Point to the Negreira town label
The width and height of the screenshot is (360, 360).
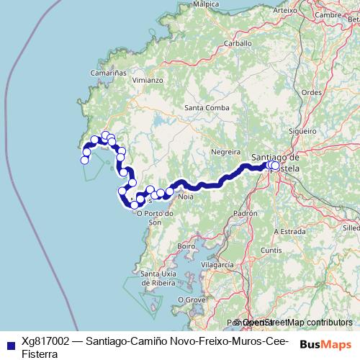[x=225, y=152]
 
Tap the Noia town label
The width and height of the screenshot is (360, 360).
[x=186, y=196]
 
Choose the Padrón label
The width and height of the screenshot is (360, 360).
[x=246, y=214]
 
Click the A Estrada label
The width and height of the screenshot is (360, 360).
[x=291, y=231]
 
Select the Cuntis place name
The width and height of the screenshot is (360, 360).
[x=271, y=250]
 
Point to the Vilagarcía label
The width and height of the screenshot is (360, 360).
[x=218, y=265]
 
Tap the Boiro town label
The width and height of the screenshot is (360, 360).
[x=186, y=246]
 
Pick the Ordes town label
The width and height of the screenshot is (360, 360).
[x=311, y=92]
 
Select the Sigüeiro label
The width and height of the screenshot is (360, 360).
[x=302, y=131]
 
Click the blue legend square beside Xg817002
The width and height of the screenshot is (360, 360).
[x=10, y=343]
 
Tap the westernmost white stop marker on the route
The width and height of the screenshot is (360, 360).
[x=84, y=160]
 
